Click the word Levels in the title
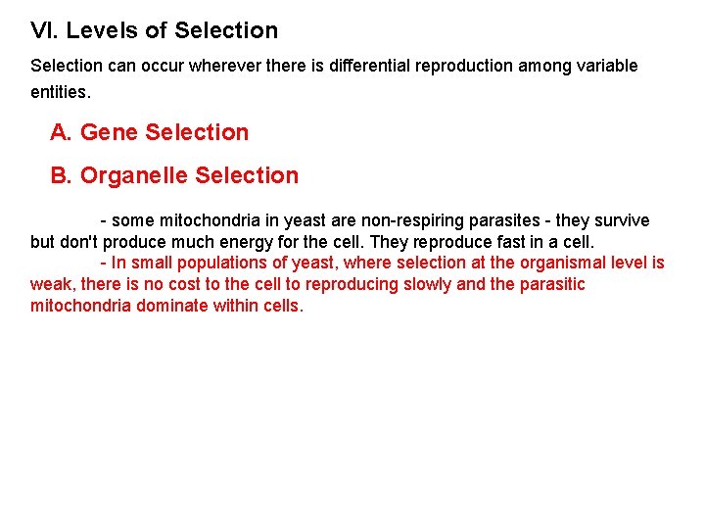[102, 30]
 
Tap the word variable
[604, 66]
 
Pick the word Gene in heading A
[109, 132]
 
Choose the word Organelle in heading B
[134, 175]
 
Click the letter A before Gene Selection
[61, 132]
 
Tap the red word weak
[49, 284]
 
